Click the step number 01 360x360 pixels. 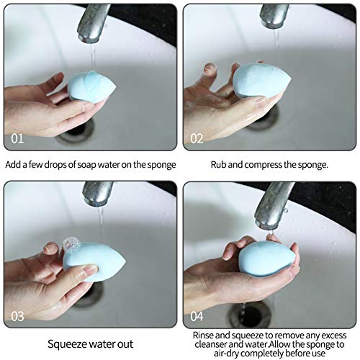coord(17,138)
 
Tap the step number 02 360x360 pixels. coord(197,138)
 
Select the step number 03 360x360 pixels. coord(17,316)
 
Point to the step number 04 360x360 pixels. coord(197,316)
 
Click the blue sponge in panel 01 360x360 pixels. coord(91,87)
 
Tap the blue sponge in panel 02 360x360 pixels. coord(261,80)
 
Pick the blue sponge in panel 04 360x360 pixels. coord(267,258)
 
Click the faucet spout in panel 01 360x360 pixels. coord(93,23)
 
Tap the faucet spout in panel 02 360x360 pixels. coord(274,16)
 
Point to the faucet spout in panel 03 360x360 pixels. coord(97,194)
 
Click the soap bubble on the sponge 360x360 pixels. coord(71,245)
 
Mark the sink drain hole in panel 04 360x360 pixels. coord(251,316)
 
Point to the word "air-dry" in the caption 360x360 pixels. coord(227,354)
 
